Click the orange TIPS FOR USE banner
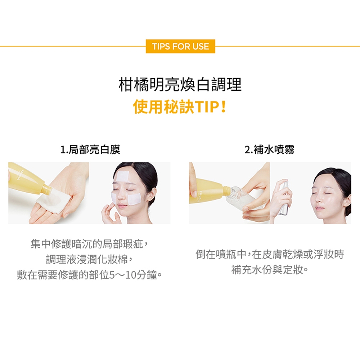point(180,46)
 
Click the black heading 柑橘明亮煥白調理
point(180,85)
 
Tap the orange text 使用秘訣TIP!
point(180,107)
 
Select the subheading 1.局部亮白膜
point(90,149)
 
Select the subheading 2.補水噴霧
point(270,149)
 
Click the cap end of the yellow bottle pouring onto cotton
point(46,190)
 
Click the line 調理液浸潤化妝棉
point(89,260)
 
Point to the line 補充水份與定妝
point(270,270)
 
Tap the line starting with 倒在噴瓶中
point(270,254)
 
